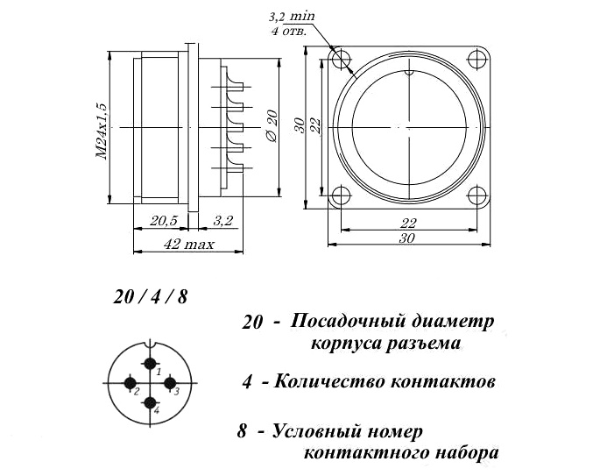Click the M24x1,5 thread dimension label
(102, 131)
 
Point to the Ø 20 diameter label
(272, 125)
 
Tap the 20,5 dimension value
(163, 221)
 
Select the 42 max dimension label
(188, 245)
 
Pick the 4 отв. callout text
(289, 32)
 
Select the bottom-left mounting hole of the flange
(342, 195)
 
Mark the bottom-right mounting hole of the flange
(477, 195)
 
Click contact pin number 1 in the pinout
(151, 364)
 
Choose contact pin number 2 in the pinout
(131, 383)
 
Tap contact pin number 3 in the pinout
(169, 383)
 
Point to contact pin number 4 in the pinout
(151, 402)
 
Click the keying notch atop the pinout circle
(150, 344)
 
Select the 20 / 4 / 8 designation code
(151, 297)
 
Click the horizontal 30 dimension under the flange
(407, 238)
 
